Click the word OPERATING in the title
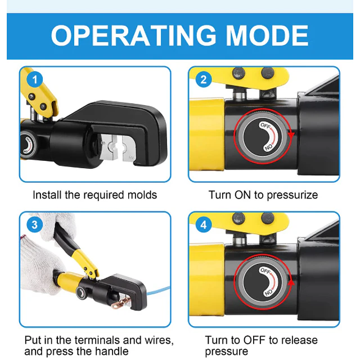coord(133,36)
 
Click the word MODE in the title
coord(267,36)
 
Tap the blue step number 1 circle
coord(35,80)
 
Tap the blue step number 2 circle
coord(204,80)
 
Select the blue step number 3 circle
coord(35,225)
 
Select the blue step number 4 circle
coord(204,225)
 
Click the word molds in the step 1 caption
coord(142,195)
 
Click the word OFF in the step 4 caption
coord(254,340)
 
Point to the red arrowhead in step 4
coord(291,282)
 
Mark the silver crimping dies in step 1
coord(117,148)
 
